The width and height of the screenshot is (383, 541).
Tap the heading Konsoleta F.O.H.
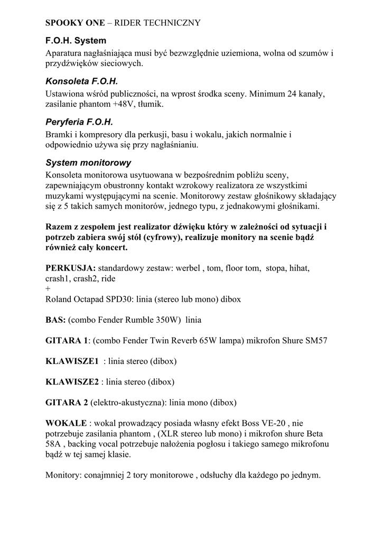[81, 81]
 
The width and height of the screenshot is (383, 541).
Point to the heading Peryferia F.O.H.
[80, 122]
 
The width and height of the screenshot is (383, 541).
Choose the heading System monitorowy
[88, 162]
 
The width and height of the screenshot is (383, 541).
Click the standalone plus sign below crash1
[48, 288]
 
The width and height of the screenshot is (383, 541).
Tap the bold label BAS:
[55, 320]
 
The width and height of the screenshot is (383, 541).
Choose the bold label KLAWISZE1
[72, 361]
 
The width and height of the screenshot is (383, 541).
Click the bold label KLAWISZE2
[72, 381]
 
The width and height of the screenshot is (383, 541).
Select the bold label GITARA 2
[67, 402]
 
